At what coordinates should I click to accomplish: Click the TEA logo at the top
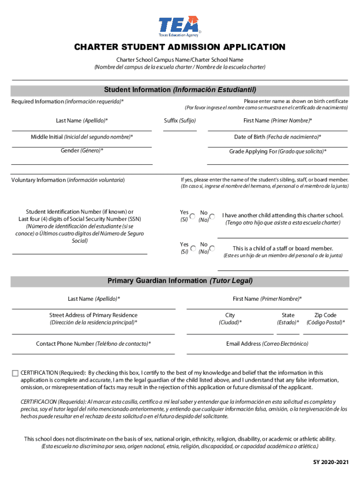[180, 26]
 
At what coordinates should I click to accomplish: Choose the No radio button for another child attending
[212, 216]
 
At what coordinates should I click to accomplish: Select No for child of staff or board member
[212, 248]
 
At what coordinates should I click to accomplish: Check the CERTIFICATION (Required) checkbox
[15, 373]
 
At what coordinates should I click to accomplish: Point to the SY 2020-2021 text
[331, 463]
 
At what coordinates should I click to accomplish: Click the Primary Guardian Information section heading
[180, 281]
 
